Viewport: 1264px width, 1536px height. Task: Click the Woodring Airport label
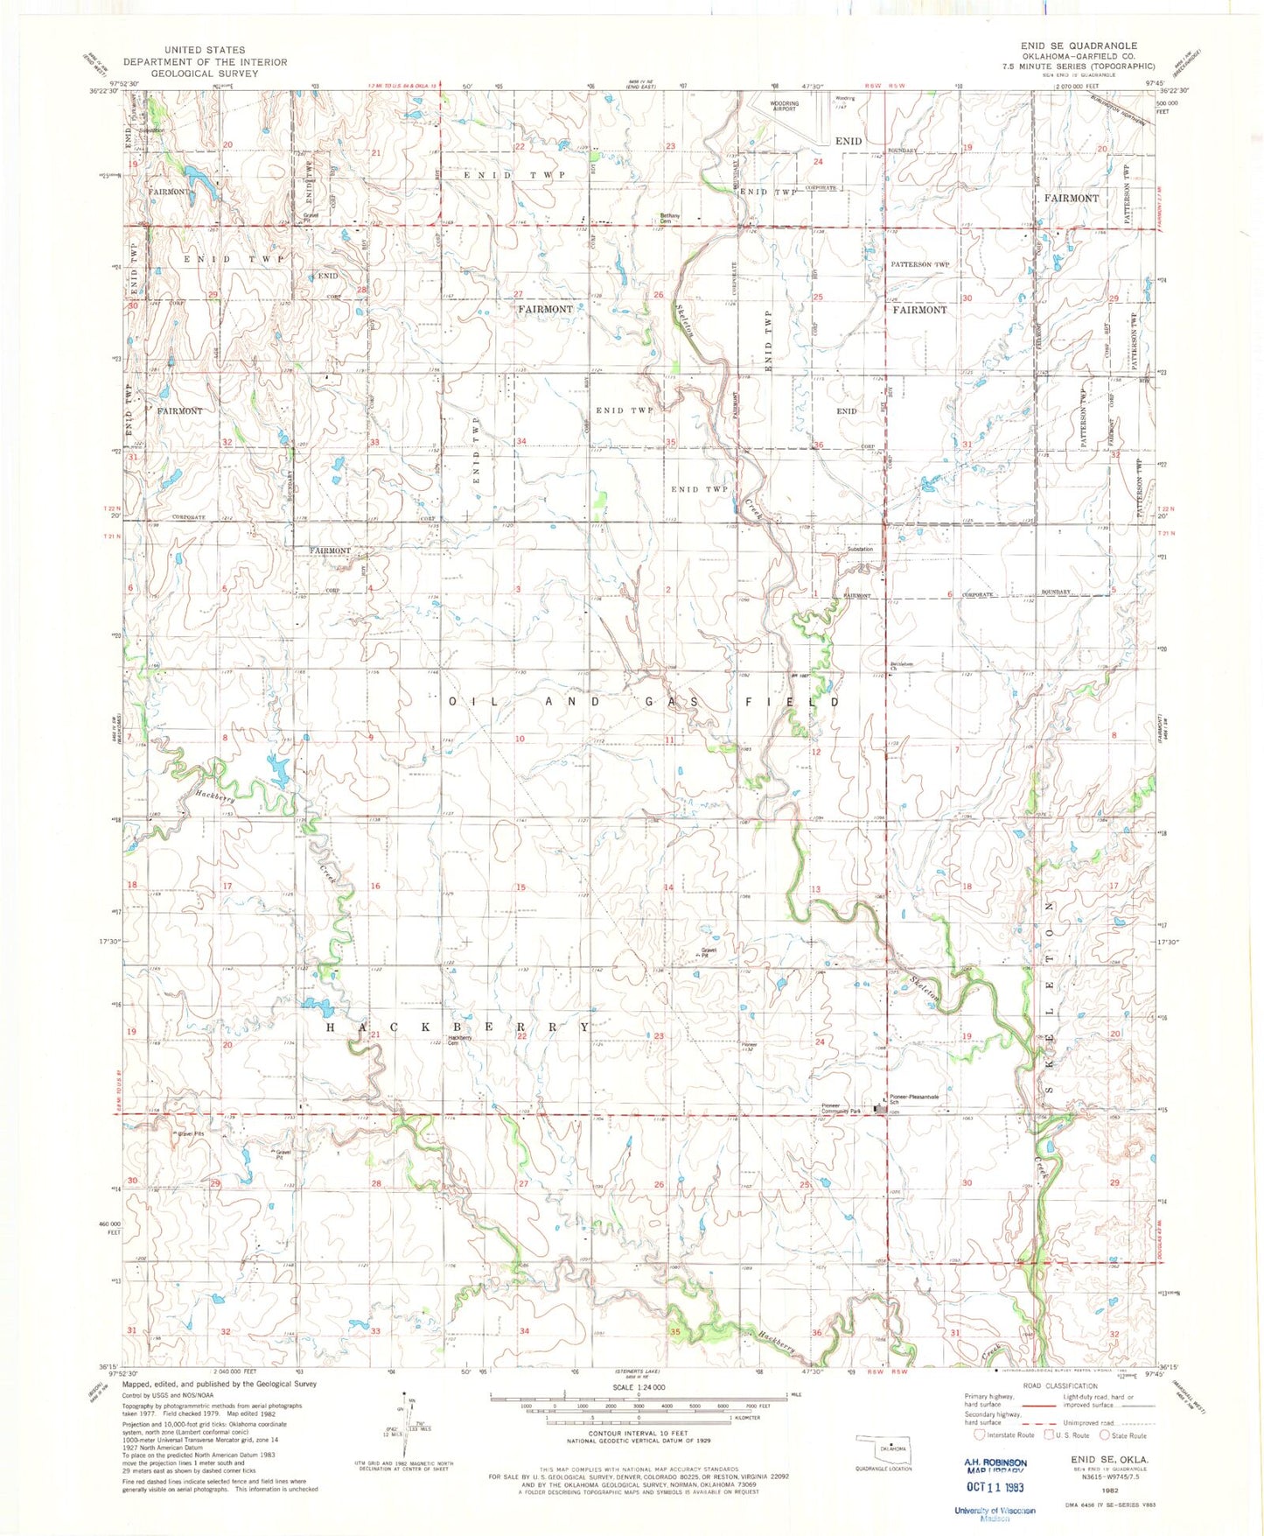pyautogui.click(x=783, y=106)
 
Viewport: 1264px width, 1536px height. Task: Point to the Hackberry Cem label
pyautogui.click(x=459, y=1040)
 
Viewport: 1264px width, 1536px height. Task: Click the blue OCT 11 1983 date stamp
pyautogui.click(x=994, y=1487)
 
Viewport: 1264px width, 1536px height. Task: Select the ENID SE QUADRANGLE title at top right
pyautogui.click(x=1079, y=46)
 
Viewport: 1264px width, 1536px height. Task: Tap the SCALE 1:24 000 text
pyautogui.click(x=638, y=1387)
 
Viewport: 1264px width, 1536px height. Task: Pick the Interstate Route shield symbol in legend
pyautogui.click(x=978, y=1434)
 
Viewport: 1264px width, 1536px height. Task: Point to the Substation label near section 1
pyautogui.click(x=859, y=549)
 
